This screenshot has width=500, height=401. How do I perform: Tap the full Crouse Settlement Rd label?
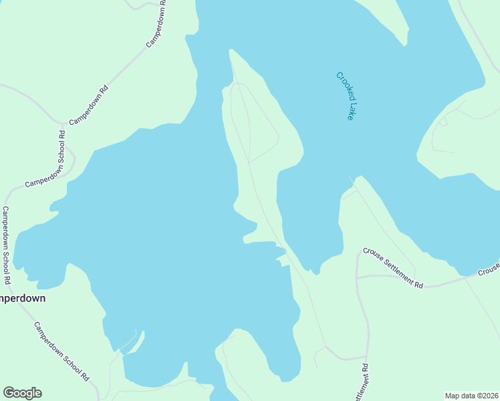tap(393, 268)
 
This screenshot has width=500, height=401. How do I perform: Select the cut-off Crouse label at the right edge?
tap(489, 269)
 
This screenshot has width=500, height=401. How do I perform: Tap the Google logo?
tap(22, 393)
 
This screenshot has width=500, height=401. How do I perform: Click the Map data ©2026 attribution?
tap(472, 396)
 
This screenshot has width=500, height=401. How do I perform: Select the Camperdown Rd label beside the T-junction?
tap(88, 106)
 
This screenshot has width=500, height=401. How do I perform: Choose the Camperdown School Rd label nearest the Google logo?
tap(61, 351)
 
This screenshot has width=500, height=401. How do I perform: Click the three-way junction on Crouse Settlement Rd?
tap(358, 275)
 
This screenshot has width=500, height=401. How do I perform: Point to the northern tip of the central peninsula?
tap(231, 50)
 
